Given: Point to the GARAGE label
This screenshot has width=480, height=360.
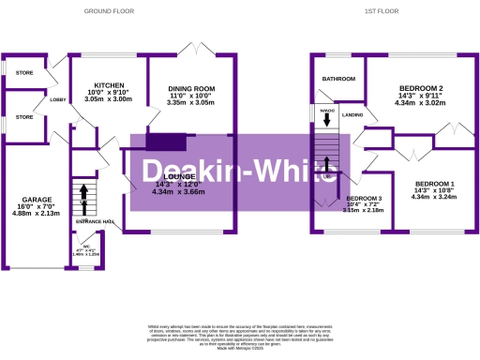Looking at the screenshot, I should (x=34, y=200).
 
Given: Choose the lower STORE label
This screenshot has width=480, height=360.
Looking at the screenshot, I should (x=23, y=117).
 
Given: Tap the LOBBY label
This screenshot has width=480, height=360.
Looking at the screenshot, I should (x=57, y=99).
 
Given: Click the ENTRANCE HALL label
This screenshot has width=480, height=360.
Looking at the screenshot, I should (x=95, y=221).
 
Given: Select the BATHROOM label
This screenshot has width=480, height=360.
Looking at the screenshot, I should (x=339, y=80).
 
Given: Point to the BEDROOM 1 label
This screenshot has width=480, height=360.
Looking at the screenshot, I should (x=433, y=183).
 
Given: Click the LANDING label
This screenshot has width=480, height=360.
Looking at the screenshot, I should (x=352, y=114).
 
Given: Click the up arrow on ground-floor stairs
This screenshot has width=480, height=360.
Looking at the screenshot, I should (x=82, y=194).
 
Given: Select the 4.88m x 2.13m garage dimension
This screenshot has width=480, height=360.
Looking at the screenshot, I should (x=34, y=214).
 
